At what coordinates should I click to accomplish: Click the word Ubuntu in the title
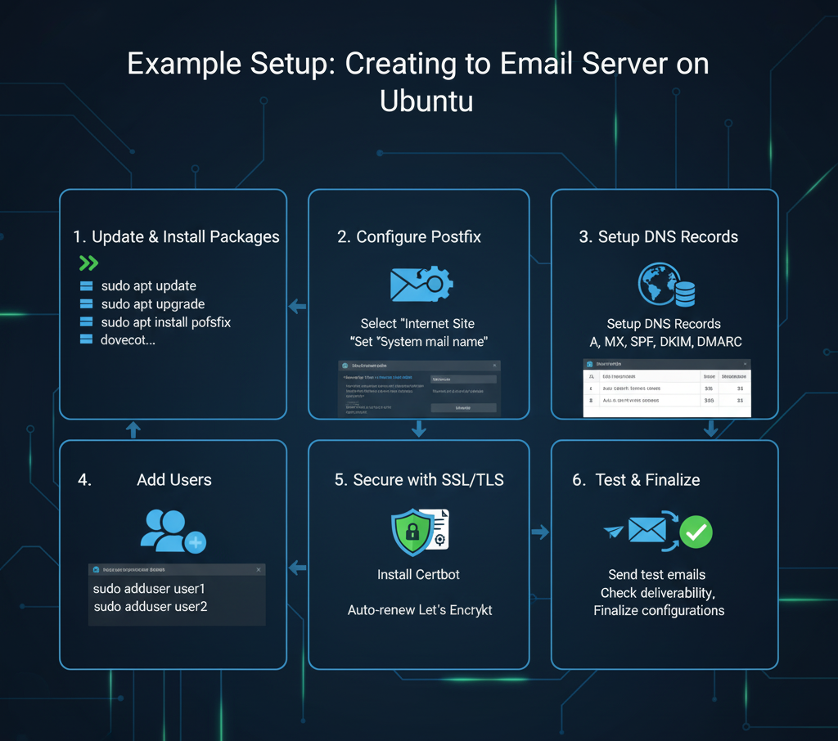(x=426, y=101)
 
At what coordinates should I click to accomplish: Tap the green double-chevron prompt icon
(x=88, y=263)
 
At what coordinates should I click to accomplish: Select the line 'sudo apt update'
(x=148, y=286)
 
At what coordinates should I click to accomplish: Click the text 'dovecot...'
(x=128, y=339)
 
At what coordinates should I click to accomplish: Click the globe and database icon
(x=666, y=285)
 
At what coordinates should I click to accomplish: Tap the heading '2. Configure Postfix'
(x=408, y=237)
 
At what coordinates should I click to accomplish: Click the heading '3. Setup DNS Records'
(x=658, y=237)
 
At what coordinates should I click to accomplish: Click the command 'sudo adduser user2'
(x=151, y=607)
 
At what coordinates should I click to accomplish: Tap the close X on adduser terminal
(x=259, y=569)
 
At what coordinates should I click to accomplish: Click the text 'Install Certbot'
(x=418, y=575)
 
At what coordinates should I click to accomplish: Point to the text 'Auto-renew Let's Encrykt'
(x=420, y=610)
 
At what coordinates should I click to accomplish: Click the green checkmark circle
(x=696, y=532)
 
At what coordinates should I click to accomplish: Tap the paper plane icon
(x=613, y=532)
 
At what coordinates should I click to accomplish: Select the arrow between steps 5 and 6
(x=540, y=532)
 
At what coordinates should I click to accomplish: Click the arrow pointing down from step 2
(x=419, y=429)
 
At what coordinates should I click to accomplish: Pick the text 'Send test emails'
(x=656, y=575)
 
